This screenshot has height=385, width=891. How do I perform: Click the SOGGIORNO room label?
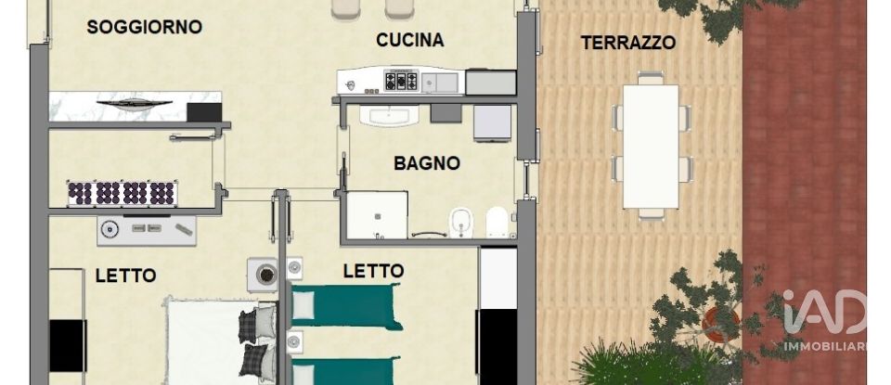tap(144, 27)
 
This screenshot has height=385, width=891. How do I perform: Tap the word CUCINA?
tap(409, 40)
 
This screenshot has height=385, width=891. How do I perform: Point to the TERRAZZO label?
tap(627, 42)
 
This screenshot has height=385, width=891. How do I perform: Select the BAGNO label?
tap(427, 163)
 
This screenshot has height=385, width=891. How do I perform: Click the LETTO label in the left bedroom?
tap(125, 276)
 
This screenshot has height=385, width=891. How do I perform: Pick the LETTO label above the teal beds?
tap(373, 271)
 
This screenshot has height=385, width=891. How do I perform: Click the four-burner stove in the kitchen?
tap(401, 81)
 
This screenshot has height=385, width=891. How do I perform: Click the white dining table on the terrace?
tap(650, 146)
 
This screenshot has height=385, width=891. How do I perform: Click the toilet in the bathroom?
tap(497, 223)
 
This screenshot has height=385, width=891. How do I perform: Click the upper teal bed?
tap(345, 306)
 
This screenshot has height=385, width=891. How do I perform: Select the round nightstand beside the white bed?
tap(266, 275)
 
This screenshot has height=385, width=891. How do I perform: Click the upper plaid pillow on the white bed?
tap(258, 326)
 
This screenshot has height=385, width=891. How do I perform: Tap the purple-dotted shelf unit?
tap(122, 193)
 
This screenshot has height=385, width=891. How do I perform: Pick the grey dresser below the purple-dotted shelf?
tap(147, 229)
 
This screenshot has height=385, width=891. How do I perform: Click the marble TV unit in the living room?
tap(135, 106)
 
